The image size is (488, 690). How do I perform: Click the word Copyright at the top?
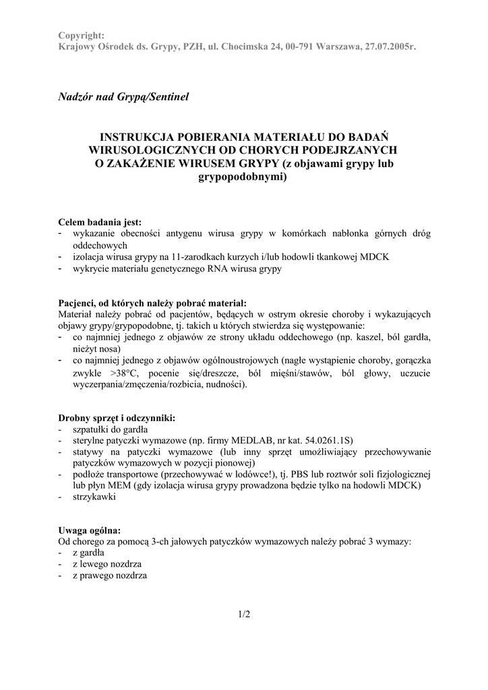coord(81,35)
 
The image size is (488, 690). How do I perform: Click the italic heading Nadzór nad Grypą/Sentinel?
coord(124,97)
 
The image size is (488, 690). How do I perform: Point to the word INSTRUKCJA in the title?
coord(136,135)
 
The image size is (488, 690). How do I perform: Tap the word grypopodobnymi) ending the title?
coord(243,178)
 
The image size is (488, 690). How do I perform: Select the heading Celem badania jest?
coord(100,222)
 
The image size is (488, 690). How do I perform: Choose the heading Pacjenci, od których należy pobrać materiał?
coord(152,303)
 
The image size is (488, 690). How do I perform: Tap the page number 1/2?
coord(243,614)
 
